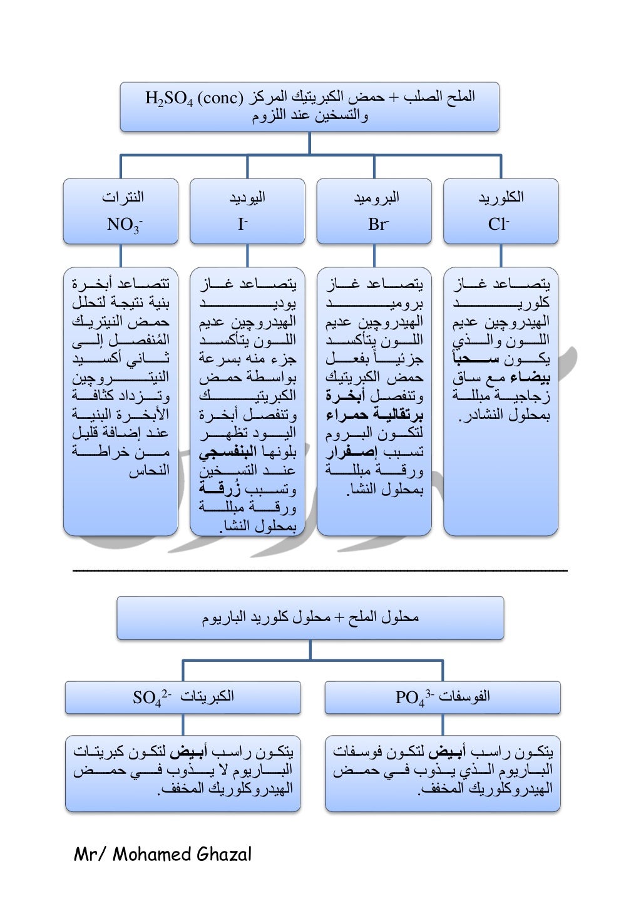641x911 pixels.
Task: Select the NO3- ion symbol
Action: coord(124,224)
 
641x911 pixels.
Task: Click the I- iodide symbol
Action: coord(243,224)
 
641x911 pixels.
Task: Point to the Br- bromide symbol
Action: coord(378,224)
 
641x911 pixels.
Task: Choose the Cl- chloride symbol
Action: coord(498,224)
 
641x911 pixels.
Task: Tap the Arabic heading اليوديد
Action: coord(247,197)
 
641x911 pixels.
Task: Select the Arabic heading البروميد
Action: coord(376,197)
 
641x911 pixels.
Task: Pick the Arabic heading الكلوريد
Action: coord(501,197)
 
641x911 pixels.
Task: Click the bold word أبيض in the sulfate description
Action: coord(187,751)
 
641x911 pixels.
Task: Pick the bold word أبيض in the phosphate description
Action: coord(447,751)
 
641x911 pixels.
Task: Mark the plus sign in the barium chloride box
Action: coord(339,617)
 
